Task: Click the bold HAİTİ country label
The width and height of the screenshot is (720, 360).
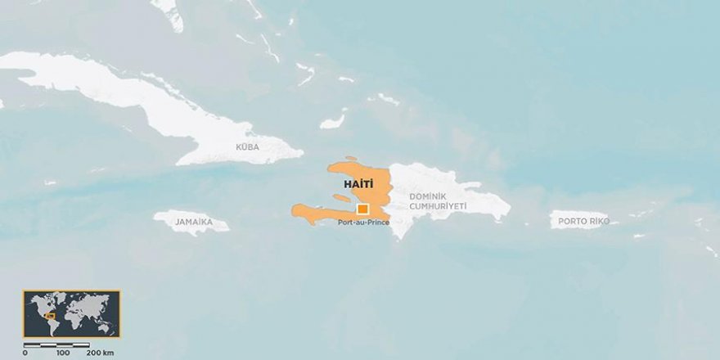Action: coord(348,186)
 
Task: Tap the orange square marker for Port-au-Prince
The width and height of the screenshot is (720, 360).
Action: coord(362,209)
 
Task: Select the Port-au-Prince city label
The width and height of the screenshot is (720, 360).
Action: coord(364,222)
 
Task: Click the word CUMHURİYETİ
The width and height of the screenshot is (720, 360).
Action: coord(437,206)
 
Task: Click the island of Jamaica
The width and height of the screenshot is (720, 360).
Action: coord(191,222)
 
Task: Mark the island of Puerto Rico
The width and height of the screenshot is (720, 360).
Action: coord(579,219)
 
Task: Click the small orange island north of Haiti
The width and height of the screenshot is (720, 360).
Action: coord(351,159)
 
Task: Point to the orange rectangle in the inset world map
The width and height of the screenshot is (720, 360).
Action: coord(50,316)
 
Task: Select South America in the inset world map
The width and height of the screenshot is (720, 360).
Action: coord(55,325)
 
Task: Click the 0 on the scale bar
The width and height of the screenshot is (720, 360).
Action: coord(25,353)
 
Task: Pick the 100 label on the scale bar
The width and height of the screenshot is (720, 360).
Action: coord(63,353)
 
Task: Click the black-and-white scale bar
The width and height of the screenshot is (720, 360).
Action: coord(56,344)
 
